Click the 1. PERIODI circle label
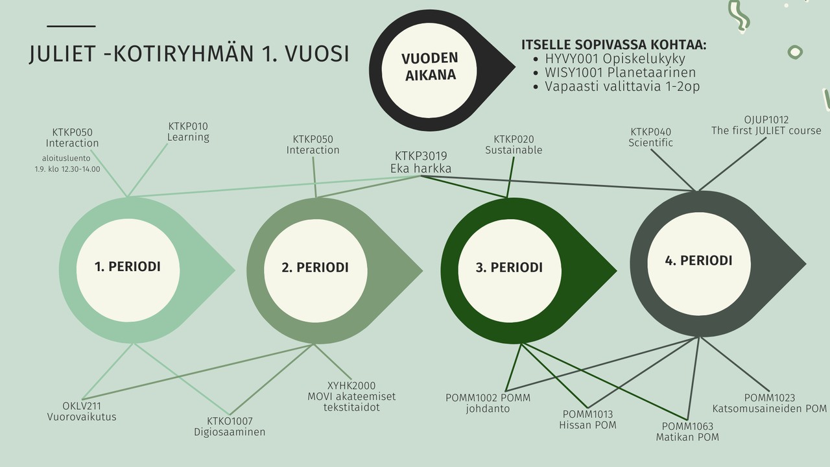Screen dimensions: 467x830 (x=128, y=267)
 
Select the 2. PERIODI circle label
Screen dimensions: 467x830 (x=315, y=267)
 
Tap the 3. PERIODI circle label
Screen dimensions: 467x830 (x=509, y=267)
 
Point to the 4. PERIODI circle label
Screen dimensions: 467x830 (x=698, y=260)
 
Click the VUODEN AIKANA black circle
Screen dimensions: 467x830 (x=430, y=66)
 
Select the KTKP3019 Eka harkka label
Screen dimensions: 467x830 (x=421, y=162)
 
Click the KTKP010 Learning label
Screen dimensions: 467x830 (x=188, y=132)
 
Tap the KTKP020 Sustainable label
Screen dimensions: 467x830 (x=514, y=145)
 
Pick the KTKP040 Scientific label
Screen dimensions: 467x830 (x=650, y=138)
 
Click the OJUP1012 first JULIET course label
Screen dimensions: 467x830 (x=766, y=125)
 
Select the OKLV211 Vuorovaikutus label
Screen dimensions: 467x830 (x=82, y=411)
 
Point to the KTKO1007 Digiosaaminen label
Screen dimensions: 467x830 (x=230, y=426)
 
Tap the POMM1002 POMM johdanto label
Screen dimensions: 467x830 (x=488, y=403)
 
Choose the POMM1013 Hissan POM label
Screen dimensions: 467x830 (x=587, y=420)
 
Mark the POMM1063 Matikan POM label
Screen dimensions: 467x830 (x=687, y=431)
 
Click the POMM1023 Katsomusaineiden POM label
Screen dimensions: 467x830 (x=769, y=403)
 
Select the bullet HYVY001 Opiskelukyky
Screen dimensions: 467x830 (x=615, y=59)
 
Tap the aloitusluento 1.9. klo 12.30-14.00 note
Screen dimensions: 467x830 (x=67, y=163)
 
